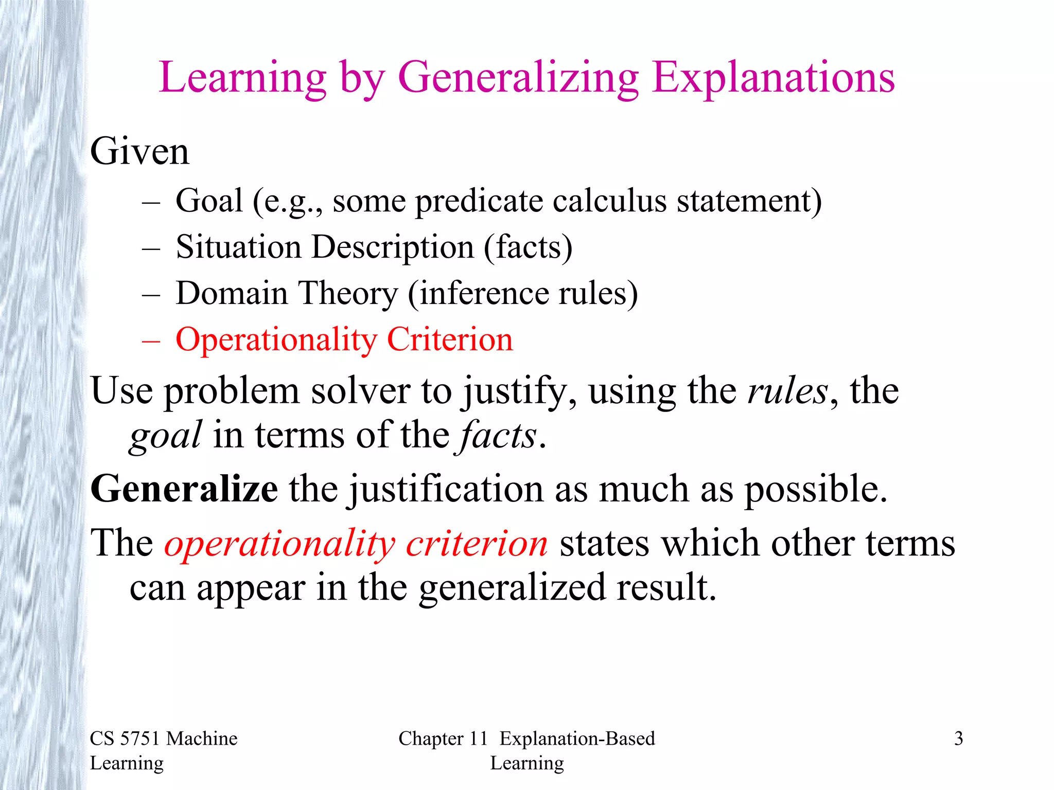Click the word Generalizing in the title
pyautogui.click(x=518, y=78)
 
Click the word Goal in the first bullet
pyautogui.click(x=209, y=200)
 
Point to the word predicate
pyautogui.click(x=479, y=201)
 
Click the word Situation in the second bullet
pyautogui.click(x=238, y=247)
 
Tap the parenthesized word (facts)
pyautogui.click(x=528, y=247)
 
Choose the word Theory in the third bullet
pyautogui.click(x=348, y=293)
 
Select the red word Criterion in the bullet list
pyautogui.click(x=450, y=339)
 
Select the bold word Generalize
pyautogui.click(x=184, y=489)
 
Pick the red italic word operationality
pyautogui.click(x=279, y=544)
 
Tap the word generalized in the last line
pyautogui.click(x=512, y=588)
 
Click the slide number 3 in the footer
pyautogui.click(x=958, y=739)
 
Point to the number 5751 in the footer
pyautogui.click(x=140, y=739)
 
